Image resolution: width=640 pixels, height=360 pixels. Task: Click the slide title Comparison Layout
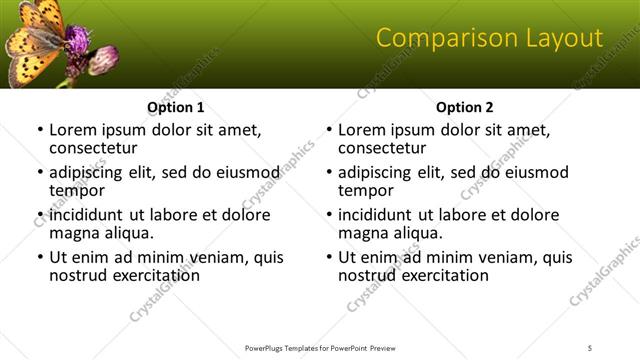click(489, 39)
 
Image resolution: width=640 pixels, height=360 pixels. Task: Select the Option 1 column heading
click(176, 107)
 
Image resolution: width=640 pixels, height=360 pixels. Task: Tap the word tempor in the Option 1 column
click(75, 190)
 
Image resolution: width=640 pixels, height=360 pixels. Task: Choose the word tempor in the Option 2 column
click(364, 190)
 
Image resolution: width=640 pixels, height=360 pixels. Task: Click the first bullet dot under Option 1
click(40, 130)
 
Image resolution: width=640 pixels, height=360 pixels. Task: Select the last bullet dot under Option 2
click(329, 257)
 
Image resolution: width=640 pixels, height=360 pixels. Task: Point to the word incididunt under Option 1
click(88, 215)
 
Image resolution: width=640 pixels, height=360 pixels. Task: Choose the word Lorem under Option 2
click(362, 130)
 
